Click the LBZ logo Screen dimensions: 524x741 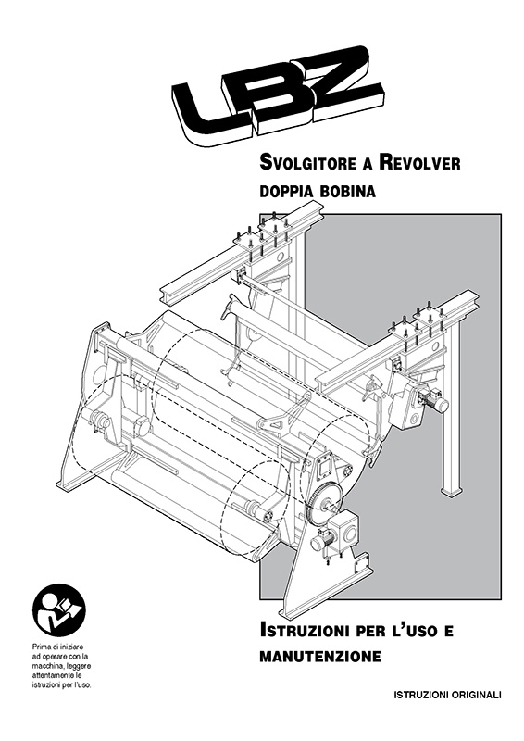click(x=277, y=94)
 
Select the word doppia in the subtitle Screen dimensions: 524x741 click(x=286, y=192)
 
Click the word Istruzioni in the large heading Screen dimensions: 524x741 click(x=305, y=630)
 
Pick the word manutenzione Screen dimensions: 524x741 click(x=320, y=657)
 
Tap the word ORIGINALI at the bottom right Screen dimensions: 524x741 click(x=476, y=695)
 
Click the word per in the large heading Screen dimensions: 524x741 click(x=372, y=632)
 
